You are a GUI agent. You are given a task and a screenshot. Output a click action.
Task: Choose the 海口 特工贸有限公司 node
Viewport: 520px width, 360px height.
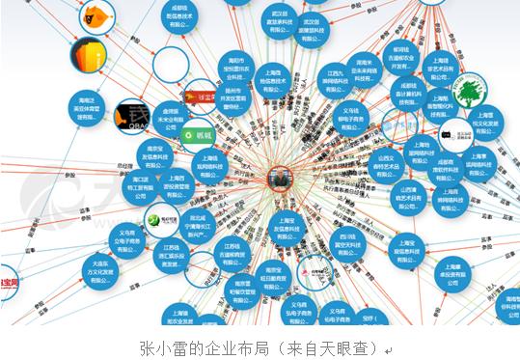(x=128, y=187)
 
